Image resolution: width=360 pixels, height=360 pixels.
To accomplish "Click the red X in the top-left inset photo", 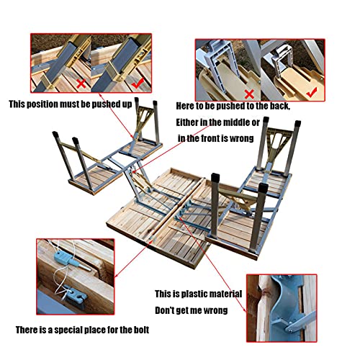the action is point(82,84).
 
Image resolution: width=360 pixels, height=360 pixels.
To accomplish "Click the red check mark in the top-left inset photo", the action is point(138,82).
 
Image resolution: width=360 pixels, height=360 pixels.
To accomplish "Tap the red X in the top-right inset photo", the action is point(249,94).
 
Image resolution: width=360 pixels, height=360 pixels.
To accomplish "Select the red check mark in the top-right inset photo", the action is point(312,92).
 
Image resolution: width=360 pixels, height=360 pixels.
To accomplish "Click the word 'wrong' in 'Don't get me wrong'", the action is point(215,310).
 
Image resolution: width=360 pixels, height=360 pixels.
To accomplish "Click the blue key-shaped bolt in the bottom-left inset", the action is point(69,261).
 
